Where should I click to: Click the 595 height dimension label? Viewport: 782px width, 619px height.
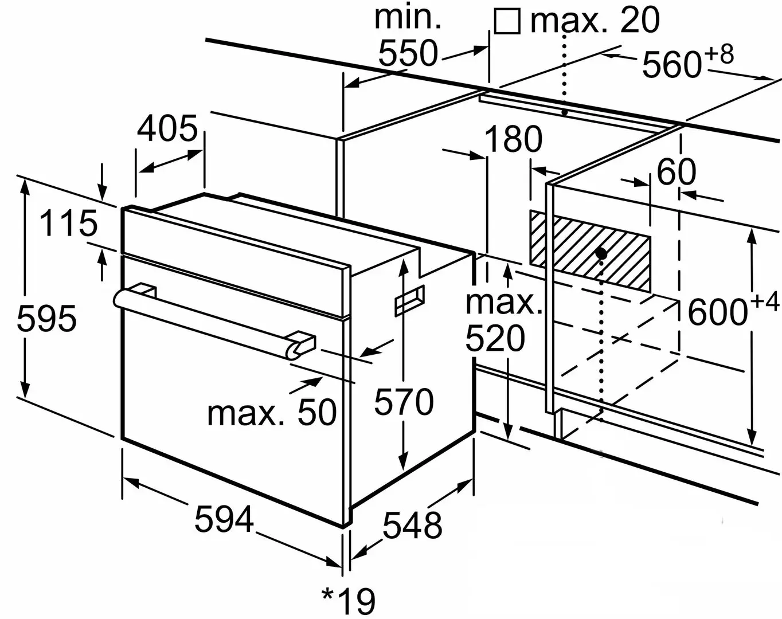(46, 319)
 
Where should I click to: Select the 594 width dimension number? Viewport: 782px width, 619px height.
(224, 519)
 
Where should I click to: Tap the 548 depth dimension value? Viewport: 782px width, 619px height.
(412, 525)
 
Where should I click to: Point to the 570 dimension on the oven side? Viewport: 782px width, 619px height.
(404, 402)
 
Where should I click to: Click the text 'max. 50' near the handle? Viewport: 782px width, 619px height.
(272, 412)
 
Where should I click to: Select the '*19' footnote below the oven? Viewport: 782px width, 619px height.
(349, 601)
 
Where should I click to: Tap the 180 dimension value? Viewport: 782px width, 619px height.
(513, 140)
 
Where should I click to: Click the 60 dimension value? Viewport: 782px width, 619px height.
(677, 172)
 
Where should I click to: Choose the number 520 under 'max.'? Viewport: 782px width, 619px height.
(495, 339)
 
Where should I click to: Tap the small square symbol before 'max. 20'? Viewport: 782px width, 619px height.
(507, 22)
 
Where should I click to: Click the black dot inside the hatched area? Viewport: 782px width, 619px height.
(601, 253)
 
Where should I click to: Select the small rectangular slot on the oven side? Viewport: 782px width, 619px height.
(409, 300)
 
